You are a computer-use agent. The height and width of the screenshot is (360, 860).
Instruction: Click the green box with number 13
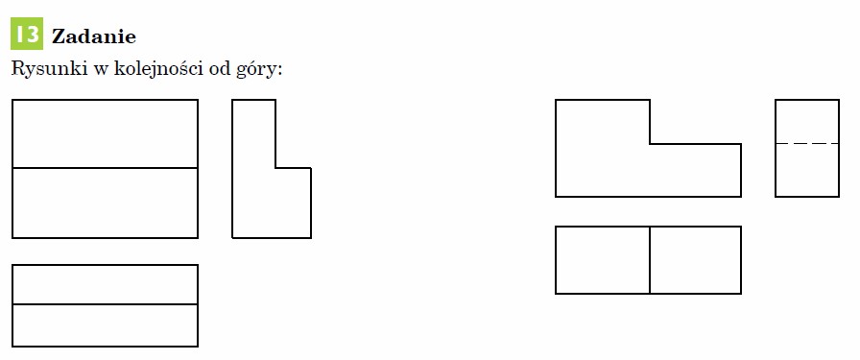coord(26,34)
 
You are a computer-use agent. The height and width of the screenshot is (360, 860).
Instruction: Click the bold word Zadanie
coord(94,36)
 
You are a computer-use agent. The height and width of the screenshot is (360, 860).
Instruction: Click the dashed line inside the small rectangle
coord(807,144)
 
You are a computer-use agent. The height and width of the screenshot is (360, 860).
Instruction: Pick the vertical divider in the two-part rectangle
coord(650,260)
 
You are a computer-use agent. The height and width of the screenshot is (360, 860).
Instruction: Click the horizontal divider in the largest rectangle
coord(105,168)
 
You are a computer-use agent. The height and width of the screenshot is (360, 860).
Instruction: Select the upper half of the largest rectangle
coord(105,133)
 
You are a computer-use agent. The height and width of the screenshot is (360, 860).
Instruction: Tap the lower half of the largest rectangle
coord(105,204)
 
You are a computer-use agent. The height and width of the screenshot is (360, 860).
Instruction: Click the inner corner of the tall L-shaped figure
coord(275,168)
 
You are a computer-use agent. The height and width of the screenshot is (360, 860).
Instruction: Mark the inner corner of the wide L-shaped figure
coord(650,144)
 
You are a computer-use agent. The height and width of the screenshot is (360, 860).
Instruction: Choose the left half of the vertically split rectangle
coord(603,260)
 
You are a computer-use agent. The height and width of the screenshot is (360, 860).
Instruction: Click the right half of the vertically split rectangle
coord(696,260)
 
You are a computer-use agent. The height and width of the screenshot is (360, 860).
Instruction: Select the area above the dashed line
coord(807,122)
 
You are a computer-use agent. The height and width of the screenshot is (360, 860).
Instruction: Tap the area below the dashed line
coord(807,170)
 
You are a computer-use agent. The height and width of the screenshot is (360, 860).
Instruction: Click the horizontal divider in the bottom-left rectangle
coord(105,304)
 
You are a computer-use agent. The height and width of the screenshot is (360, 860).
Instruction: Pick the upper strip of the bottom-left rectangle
coord(105,285)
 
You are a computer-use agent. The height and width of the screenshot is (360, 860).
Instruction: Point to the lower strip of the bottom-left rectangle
coord(105,325)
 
